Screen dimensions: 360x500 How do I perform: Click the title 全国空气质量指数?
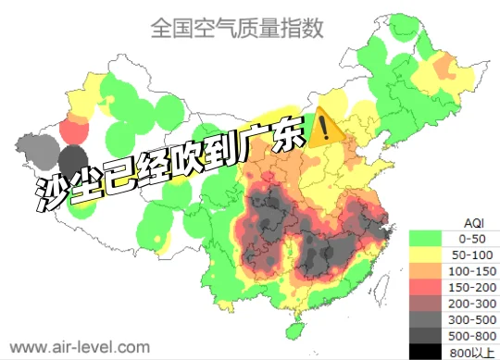pos(236,29)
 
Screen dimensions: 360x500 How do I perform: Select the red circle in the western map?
pos(71,129)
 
